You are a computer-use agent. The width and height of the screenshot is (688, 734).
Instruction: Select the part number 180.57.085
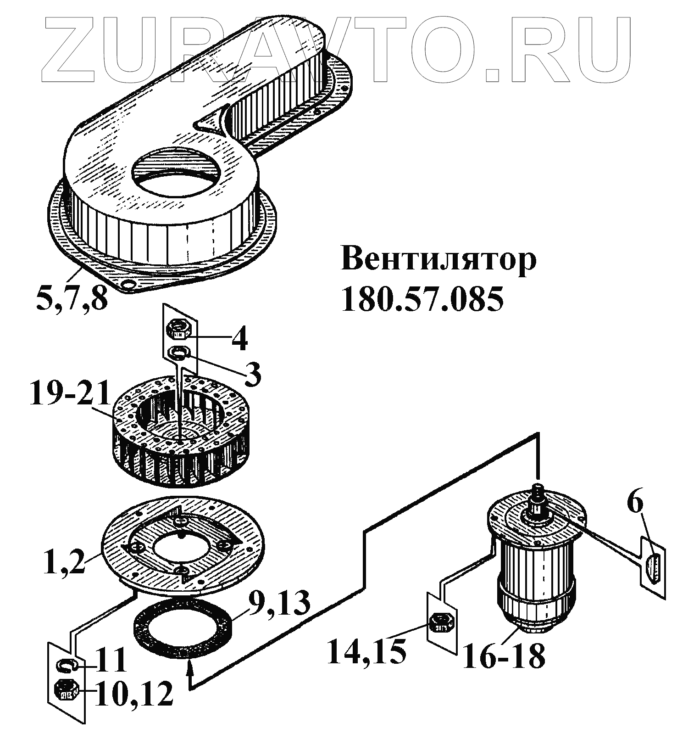[422, 299]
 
